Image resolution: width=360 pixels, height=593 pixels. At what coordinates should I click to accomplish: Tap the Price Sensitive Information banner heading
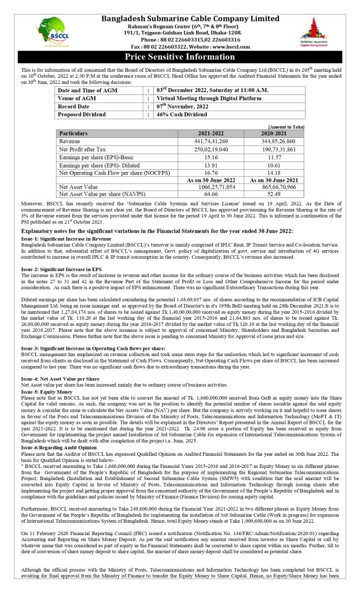click(x=180, y=57)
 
